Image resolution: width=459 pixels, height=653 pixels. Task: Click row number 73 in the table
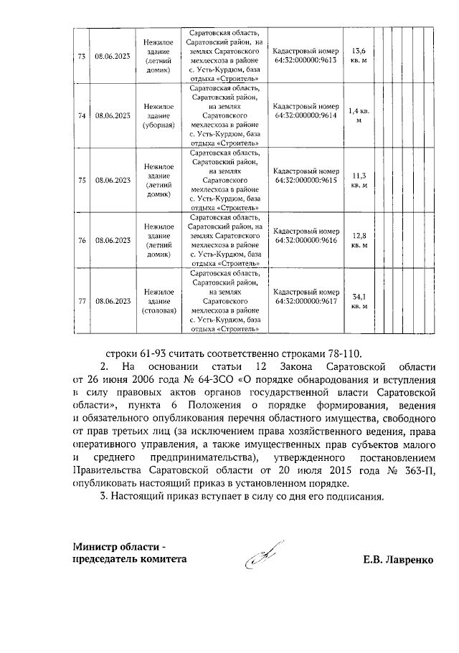click(81, 56)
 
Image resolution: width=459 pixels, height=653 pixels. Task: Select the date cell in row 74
click(113, 115)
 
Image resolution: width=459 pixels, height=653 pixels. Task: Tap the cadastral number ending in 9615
click(306, 179)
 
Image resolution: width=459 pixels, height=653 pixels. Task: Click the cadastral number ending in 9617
click(306, 301)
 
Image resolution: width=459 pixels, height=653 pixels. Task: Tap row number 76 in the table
click(81, 240)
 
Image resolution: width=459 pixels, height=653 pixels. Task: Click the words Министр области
click(111, 548)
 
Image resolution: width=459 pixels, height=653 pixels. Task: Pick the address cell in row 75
click(224, 179)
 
